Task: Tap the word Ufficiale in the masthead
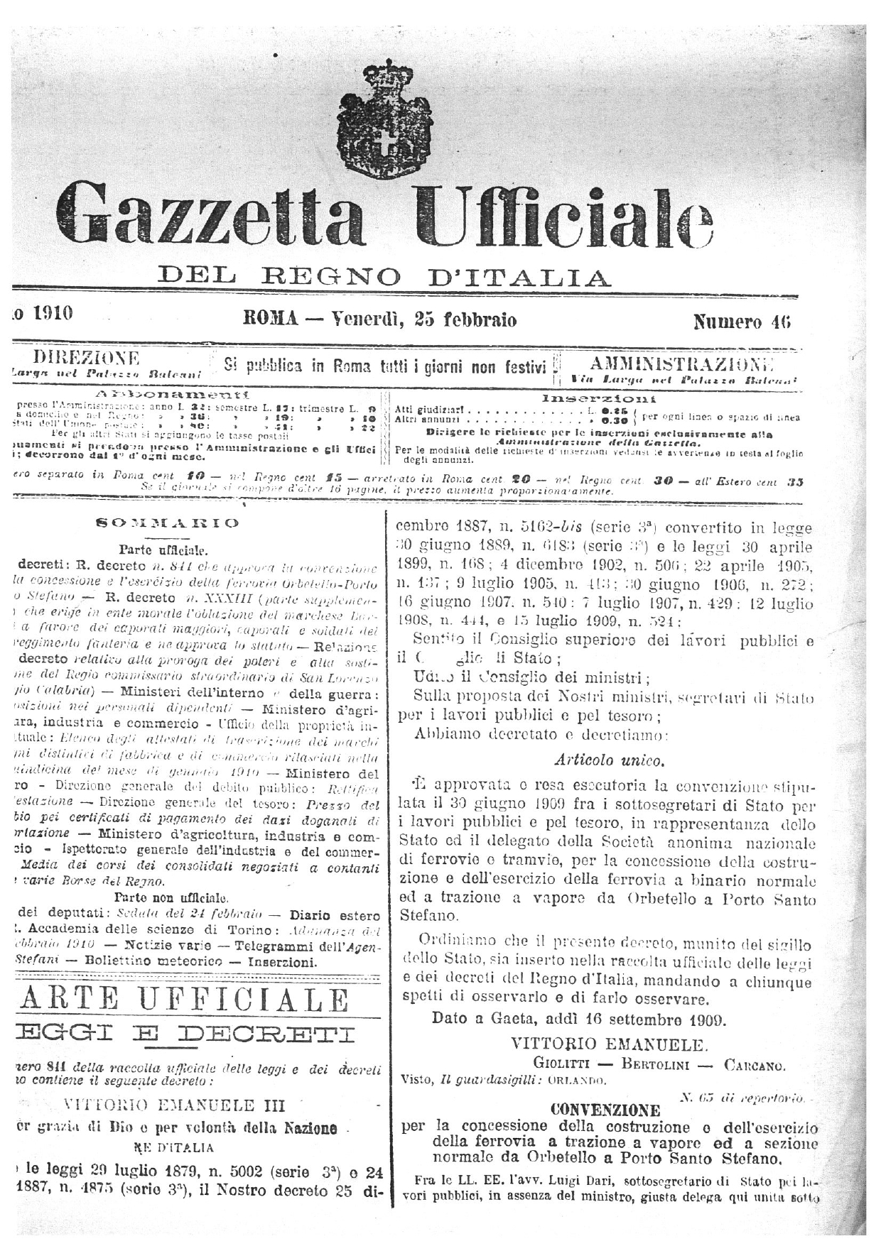565,214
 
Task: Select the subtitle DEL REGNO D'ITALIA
384,275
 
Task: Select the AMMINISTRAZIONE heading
681,365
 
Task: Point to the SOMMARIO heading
168,523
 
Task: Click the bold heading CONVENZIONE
605,1109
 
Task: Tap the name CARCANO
755,1064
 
